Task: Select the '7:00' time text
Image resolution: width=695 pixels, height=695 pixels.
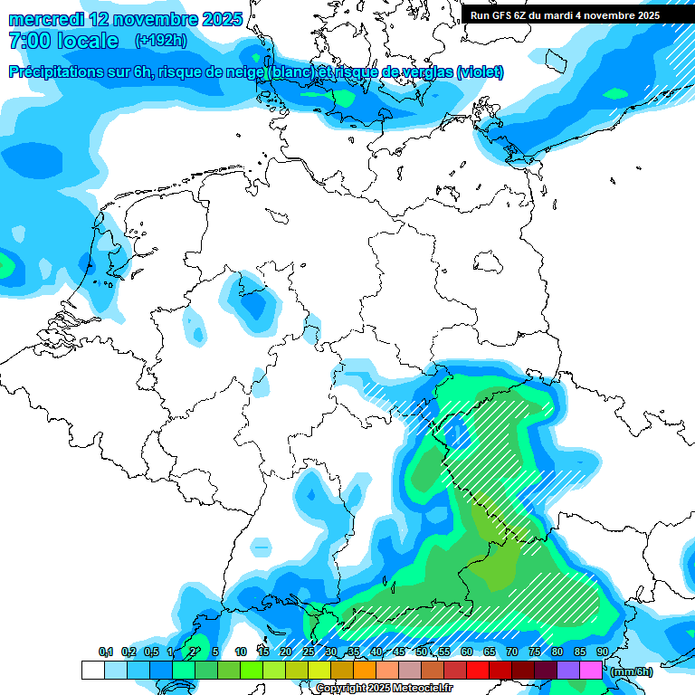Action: (29, 41)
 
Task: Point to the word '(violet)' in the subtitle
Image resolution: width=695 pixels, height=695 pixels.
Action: (480, 72)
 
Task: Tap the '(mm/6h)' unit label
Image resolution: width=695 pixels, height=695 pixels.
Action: (631, 671)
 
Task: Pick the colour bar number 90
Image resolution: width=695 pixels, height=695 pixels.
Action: (602, 652)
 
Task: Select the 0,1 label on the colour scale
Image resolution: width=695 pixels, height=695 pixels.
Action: (106, 652)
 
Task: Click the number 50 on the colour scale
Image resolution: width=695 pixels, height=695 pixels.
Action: (421, 652)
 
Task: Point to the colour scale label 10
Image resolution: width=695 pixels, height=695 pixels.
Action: (241, 652)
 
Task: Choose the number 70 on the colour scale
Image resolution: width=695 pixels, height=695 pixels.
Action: (511, 652)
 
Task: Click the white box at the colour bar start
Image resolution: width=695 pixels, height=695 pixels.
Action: (92, 670)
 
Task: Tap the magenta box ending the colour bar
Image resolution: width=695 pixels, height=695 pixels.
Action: (590, 670)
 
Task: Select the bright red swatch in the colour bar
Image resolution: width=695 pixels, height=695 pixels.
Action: (477, 670)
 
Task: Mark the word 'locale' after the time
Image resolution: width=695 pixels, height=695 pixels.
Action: (88, 41)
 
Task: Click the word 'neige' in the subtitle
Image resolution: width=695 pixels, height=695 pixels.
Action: (241, 72)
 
